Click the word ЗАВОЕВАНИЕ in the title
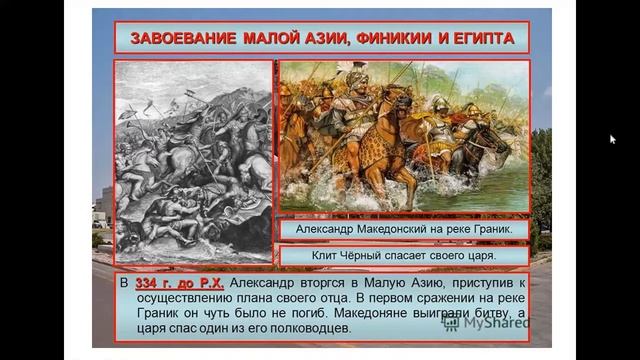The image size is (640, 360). click(183, 38)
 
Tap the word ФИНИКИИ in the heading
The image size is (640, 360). click(394, 38)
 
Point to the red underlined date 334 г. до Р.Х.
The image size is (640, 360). click(179, 283)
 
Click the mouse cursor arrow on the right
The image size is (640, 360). click(612, 139)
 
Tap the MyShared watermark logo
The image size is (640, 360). click(485, 323)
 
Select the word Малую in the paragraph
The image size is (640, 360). click(384, 282)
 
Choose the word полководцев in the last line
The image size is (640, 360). click(310, 328)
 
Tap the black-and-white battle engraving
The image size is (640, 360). click(193, 162)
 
